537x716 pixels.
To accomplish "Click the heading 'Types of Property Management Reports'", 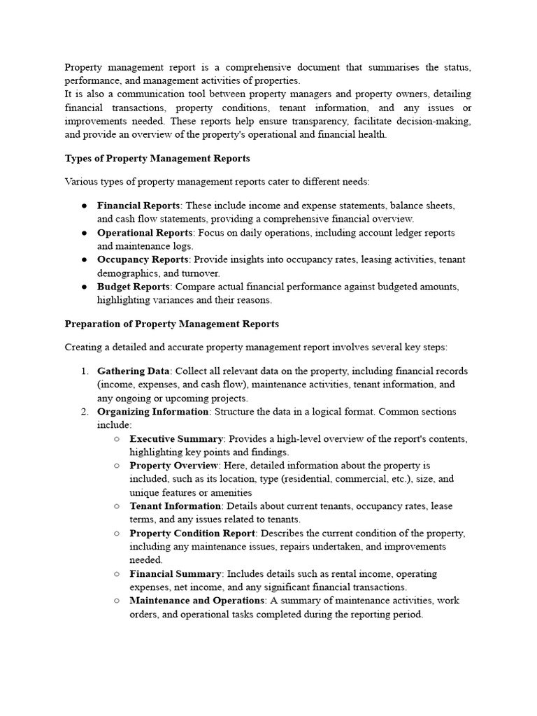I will point(157,159).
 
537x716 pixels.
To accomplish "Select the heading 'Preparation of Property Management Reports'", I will point(171,324).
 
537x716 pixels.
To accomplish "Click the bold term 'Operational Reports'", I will point(145,233).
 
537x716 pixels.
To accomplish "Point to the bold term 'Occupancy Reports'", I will point(143,259).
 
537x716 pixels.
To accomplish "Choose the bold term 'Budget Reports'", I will point(134,287).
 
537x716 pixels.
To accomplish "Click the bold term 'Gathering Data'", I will point(134,371).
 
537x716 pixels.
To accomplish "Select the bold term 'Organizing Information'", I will point(152,411).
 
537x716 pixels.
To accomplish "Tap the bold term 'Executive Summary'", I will point(176,438).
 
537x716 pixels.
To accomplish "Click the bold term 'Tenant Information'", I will point(175,506).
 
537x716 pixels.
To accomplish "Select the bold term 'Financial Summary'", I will point(175,573).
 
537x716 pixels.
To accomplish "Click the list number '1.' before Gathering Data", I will point(85,371).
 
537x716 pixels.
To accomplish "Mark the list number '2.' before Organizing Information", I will point(85,411).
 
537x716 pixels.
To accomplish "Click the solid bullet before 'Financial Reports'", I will point(84,206).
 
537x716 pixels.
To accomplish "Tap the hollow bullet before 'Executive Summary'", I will point(116,439).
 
